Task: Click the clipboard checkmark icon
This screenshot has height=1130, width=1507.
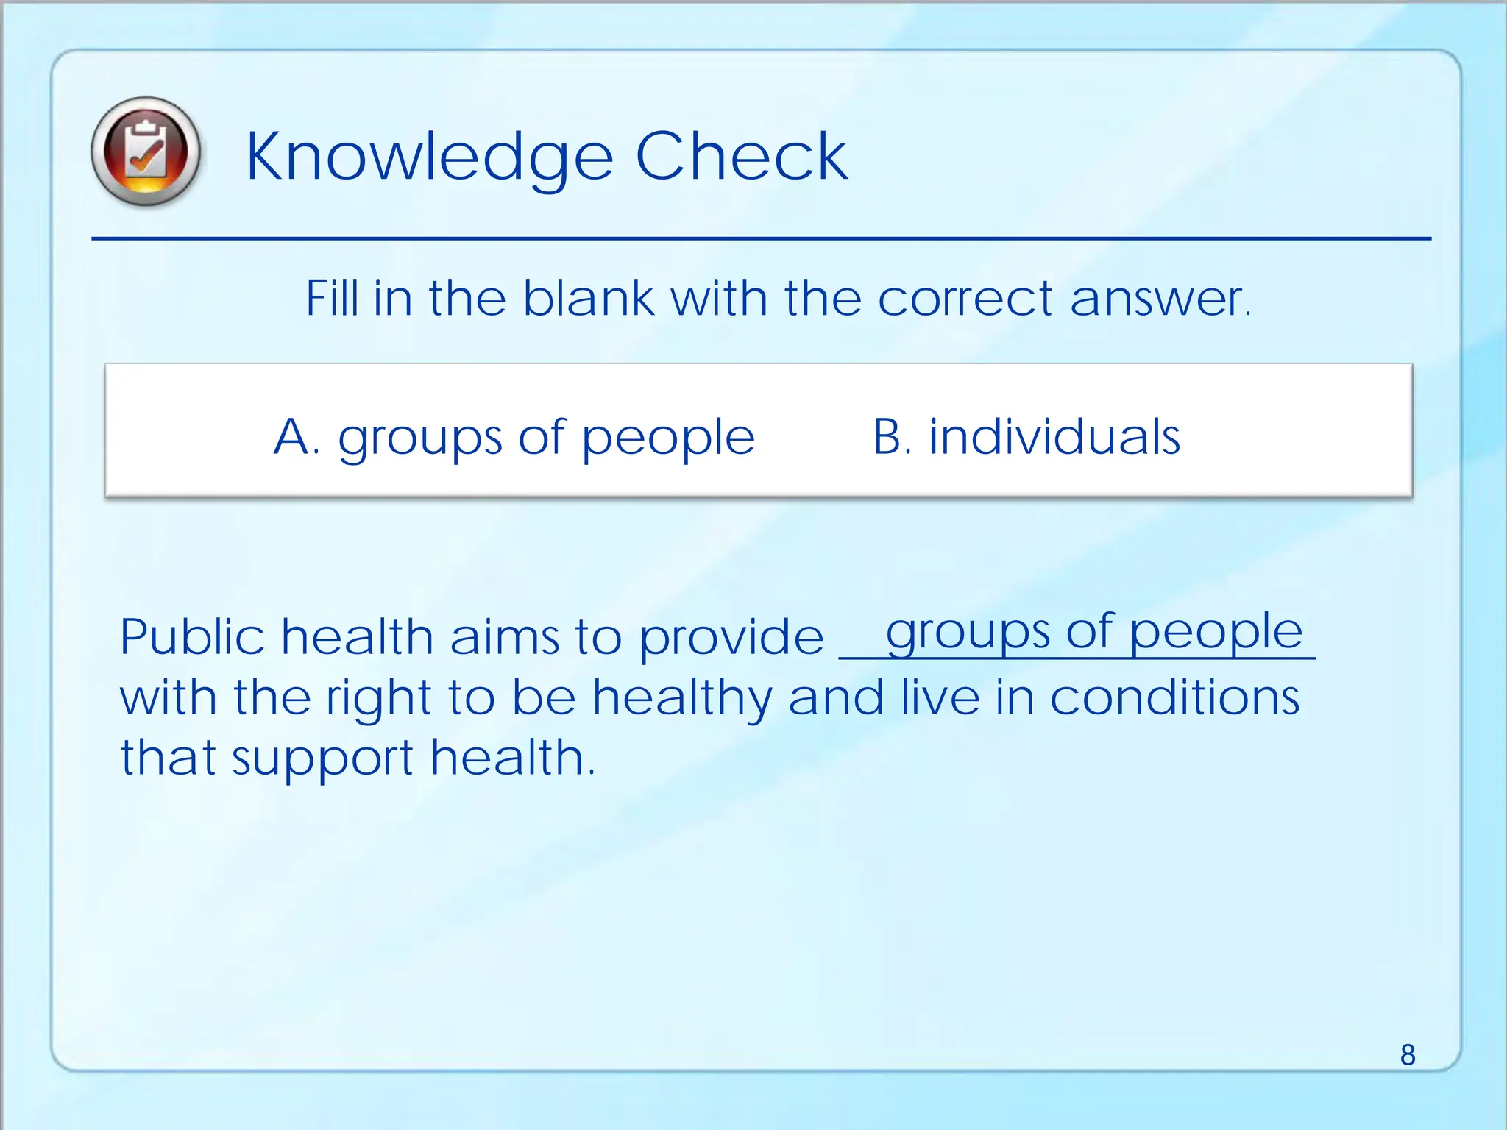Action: click(x=146, y=152)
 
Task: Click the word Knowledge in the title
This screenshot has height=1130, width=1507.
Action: click(x=429, y=157)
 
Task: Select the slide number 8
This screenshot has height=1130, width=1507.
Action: click(x=1407, y=1055)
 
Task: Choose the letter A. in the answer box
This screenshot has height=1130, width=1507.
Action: click(x=296, y=437)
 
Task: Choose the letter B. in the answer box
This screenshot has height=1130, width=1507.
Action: click(x=893, y=437)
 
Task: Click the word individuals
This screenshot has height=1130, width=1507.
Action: click(x=1054, y=437)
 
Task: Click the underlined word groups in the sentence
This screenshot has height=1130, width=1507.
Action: click(x=968, y=633)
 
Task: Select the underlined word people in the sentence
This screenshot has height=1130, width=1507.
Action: click(x=1216, y=633)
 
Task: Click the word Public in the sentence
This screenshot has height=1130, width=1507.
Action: click(x=192, y=637)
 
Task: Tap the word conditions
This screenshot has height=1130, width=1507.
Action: click(x=1174, y=697)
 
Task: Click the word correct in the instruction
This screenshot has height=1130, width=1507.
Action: click(x=965, y=299)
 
